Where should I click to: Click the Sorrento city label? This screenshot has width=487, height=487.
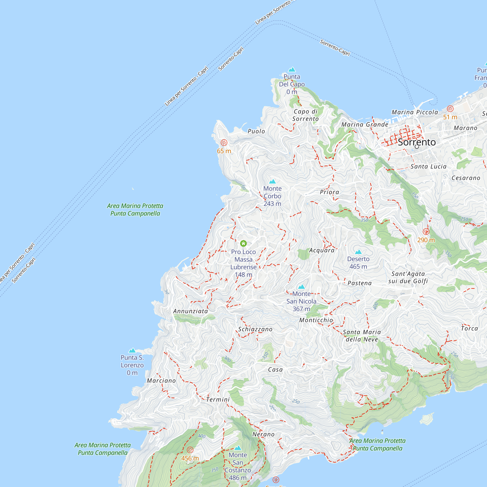(x=417, y=142)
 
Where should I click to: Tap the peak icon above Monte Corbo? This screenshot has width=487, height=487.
(x=272, y=181)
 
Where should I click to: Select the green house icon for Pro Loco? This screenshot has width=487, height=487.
(x=243, y=243)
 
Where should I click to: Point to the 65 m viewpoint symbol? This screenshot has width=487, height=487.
(x=224, y=143)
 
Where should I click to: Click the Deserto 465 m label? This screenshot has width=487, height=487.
(x=358, y=263)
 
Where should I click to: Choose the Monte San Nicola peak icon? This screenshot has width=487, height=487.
(x=301, y=287)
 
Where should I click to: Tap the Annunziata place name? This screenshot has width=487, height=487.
(x=190, y=311)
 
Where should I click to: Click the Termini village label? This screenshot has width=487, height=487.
(x=218, y=400)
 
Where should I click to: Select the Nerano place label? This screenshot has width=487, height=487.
(x=263, y=434)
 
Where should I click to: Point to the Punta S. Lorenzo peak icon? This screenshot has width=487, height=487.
(x=132, y=351)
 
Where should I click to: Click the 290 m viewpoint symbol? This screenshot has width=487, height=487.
(x=426, y=231)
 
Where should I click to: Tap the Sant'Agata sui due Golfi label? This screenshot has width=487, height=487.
(x=408, y=278)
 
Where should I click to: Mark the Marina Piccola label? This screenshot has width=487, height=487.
(x=415, y=112)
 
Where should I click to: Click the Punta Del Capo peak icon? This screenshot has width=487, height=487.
(x=292, y=70)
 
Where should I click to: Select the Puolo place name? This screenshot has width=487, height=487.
(x=256, y=131)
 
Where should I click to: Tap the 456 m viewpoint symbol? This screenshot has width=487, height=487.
(x=190, y=450)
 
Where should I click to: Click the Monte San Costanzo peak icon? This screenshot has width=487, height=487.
(x=238, y=448)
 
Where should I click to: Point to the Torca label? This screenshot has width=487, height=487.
(x=469, y=328)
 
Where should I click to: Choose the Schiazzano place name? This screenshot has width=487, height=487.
(x=255, y=329)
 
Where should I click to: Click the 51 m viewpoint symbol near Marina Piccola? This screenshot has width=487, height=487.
(x=450, y=109)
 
